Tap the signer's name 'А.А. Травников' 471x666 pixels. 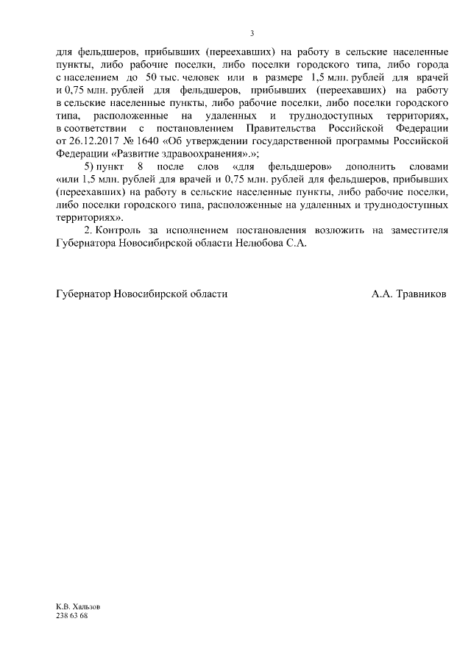[x=408, y=294]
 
